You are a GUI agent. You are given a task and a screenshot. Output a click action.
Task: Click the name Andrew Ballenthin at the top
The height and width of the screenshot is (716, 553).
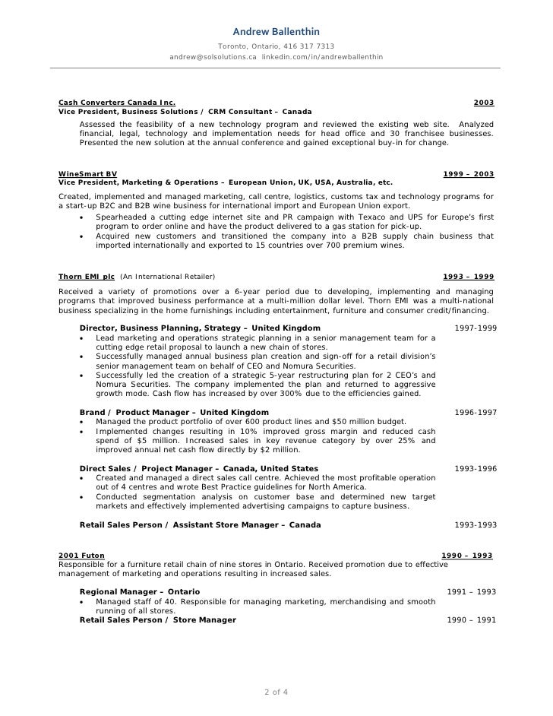pos(276,31)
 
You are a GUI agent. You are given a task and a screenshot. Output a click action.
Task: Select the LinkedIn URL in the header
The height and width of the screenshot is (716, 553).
pos(322,57)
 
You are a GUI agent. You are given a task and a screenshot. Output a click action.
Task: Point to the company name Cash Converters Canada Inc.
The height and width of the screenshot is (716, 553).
pos(117,102)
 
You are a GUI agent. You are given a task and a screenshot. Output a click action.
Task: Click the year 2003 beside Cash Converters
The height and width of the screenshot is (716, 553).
pos(483,102)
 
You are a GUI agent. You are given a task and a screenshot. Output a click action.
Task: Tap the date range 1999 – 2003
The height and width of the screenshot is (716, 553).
pos(468,174)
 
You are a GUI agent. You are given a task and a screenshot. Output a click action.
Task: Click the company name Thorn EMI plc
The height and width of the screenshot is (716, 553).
pos(87,275)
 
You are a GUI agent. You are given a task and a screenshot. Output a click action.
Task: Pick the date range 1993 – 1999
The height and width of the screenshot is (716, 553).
pos(468,275)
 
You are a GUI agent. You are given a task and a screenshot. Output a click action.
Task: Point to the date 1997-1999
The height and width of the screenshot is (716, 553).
pos(476,328)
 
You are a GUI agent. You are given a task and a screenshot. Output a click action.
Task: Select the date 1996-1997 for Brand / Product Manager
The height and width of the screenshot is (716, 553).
pos(476,413)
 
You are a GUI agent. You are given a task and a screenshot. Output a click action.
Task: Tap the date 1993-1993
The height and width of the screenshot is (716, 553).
pos(476,525)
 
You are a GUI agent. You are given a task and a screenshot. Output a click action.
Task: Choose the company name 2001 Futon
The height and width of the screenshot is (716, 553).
pos(82,556)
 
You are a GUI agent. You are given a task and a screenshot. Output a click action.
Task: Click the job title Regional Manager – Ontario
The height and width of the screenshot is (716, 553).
pos(140,592)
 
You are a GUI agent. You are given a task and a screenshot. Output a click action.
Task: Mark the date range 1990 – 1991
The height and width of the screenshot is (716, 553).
pos(471,620)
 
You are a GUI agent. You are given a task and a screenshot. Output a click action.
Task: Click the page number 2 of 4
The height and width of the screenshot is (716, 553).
pos(276,692)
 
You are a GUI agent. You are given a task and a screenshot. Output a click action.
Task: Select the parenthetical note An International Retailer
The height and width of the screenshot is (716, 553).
pos(168,275)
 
